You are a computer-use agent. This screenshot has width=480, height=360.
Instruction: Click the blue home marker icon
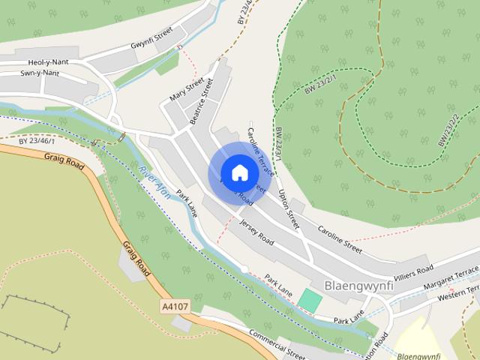pos(239,172)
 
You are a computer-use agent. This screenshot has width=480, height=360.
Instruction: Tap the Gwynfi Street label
pos(151,35)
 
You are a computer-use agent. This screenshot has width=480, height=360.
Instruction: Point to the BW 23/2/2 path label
pos(448,129)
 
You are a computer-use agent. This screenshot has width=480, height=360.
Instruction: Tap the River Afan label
pos(154,182)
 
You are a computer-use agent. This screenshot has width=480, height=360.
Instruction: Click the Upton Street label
pos(288,210)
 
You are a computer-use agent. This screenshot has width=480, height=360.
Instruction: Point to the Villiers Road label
pos(413,268)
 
